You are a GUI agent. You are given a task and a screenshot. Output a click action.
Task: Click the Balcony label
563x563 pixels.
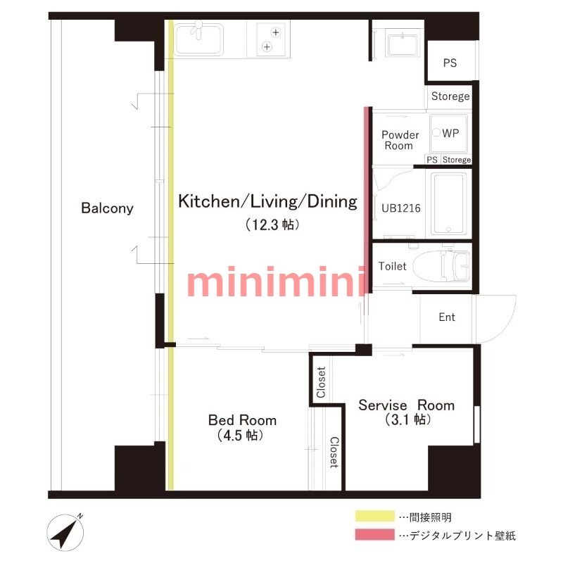pos(107,208)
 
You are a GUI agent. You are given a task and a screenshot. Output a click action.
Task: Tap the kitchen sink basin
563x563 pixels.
pos(198,39)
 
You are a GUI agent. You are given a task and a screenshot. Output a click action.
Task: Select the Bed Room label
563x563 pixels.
pos(242,420)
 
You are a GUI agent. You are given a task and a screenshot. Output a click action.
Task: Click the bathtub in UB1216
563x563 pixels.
pos(448,203)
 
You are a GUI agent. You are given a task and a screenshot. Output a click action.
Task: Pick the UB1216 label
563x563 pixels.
pos(400,208)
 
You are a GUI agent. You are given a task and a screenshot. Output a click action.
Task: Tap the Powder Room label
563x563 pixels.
pos(400,140)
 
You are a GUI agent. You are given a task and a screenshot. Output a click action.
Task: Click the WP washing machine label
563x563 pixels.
pos(450,133)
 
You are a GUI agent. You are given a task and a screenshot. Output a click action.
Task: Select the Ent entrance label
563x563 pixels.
pos(447,317)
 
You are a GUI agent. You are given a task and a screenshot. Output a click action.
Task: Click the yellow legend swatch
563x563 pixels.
pos(374,516)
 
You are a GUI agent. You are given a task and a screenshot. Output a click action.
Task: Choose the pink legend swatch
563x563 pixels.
pos(374,534)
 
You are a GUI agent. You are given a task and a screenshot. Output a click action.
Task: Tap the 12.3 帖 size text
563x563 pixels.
pos(272,224)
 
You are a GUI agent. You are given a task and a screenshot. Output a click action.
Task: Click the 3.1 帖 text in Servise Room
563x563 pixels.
pos(407,419)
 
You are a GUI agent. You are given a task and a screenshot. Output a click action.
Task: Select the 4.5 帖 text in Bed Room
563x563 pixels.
pos(240,435)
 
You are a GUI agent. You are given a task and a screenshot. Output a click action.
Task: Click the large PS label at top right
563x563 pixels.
pos(450,63)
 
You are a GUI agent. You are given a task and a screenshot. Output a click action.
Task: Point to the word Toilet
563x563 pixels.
pos(392,266)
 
